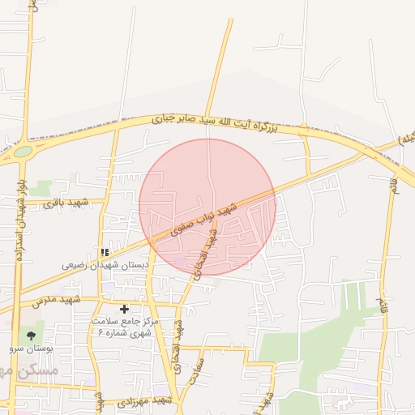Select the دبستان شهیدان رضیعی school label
(x=106, y=265)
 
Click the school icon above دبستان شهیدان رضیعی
(x=105, y=252)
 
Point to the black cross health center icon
(x=124, y=309)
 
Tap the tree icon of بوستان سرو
(x=32, y=335)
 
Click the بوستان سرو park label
(x=31, y=348)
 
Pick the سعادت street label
(x=195, y=376)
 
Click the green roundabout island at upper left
(x=23, y=151)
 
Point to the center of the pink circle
(x=207, y=207)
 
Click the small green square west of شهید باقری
(x=41, y=188)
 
